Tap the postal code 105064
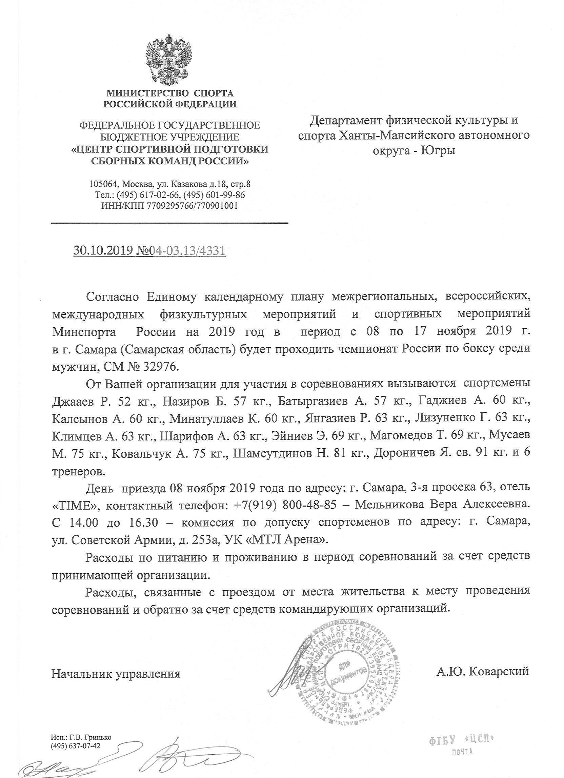click(x=102, y=184)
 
